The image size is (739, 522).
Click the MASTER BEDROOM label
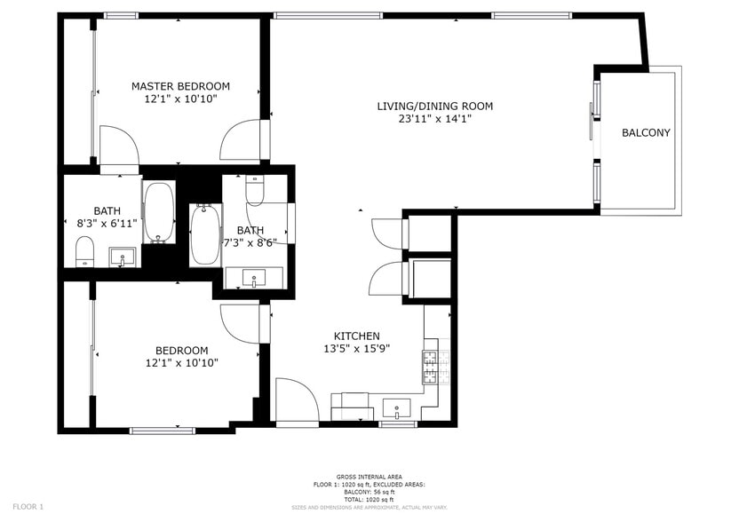(x=180, y=86)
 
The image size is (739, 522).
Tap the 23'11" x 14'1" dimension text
(x=434, y=119)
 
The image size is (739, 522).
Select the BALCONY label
(x=646, y=133)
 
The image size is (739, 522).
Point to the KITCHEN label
(x=356, y=336)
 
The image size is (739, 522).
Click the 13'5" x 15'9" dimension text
(x=356, y=349)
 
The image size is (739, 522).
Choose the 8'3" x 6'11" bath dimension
(x=107, y=225)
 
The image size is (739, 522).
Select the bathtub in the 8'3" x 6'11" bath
(x=159, y=212)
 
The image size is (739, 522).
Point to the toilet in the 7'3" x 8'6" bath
(x=255, y=190)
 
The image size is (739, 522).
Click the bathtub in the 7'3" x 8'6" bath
(x=204, y=234)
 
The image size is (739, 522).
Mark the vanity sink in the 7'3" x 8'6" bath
(x=255, y=279)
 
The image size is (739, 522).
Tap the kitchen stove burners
(x=431, y=364)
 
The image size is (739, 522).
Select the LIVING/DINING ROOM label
(x=434, y=107)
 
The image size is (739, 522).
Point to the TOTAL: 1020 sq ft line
(x=369, y=498)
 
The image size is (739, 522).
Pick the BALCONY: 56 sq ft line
(x=369, y=491)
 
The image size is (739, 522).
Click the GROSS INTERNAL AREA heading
(x=369, y=477)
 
